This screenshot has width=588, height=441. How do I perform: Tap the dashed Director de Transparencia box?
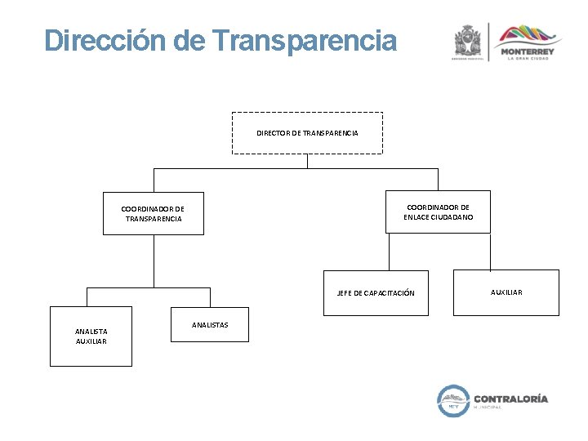(x=307, y=132)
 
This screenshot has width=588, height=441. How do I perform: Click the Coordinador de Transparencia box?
(x=153, y=214)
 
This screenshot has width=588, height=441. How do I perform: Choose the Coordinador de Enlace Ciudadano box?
(x=438, y=212)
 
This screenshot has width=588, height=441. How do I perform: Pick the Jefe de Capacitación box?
(x=376, y=292)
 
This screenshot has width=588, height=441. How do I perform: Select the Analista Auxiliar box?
(x=91, y=336)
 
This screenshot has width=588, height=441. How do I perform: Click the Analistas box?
(x=209, y=325)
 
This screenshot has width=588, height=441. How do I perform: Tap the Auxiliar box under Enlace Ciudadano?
(x=506, y=292)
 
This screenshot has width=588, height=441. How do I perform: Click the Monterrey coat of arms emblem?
(x=468, y=41)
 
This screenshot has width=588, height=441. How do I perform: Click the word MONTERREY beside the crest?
(x=531, y=51)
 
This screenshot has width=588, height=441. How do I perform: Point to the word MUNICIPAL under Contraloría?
(x=488, y=408)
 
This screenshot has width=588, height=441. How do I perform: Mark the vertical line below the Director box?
(x=307, y=161)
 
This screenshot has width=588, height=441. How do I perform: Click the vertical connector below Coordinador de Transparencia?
(x=154, y=261)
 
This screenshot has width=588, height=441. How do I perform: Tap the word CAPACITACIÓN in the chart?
(x=387, y=292)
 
